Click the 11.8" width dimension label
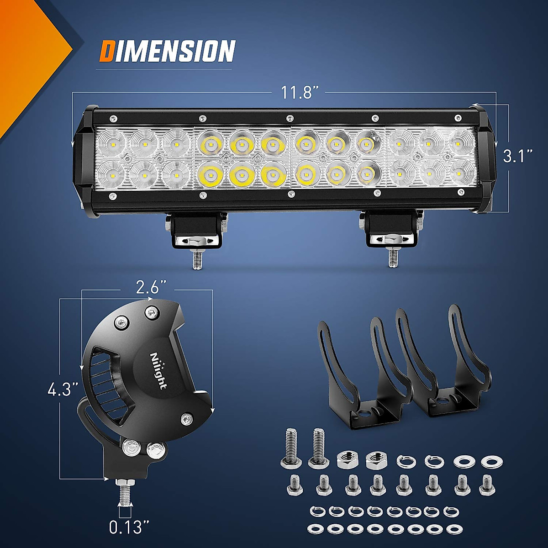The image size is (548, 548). click(297, 93)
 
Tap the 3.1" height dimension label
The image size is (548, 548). click(517, 157)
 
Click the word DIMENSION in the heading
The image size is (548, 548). click(168, 51)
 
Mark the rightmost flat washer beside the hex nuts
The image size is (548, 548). click(489, 461)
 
